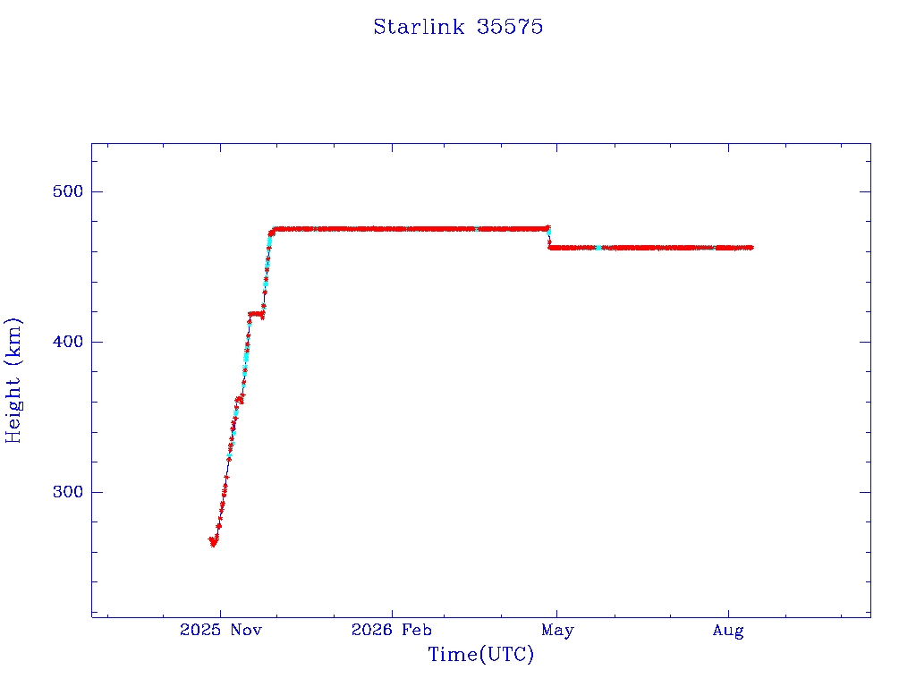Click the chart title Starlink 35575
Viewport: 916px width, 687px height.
tap(458, 27)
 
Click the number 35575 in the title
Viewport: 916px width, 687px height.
tap(509, 27)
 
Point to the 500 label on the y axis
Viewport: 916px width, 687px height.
tap(68, 191)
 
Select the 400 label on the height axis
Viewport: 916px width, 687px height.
tap(68, 341)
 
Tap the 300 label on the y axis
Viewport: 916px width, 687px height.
tap(68, 492)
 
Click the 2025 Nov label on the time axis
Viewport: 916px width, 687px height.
tap(221, 630)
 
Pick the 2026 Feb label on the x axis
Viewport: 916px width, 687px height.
tap(392, 630)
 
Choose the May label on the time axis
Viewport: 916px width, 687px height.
tap(557, 631)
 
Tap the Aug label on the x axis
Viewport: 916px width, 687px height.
tap(728, 631)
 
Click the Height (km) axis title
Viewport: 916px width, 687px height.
tap(13, 380)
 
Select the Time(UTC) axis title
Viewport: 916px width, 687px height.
tap(480, 654)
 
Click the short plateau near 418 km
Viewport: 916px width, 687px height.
tap(256, 314)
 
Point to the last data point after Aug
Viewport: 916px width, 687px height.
tap(751, 248)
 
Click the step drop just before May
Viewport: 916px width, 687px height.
tap(548, 237)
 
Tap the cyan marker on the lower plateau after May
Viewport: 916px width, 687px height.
tap(598, 248)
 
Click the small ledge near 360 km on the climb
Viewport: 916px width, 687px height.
tap(238, 400)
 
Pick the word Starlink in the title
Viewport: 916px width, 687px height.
tap(419, 27)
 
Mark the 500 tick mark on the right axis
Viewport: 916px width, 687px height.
tap(865, 191)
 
